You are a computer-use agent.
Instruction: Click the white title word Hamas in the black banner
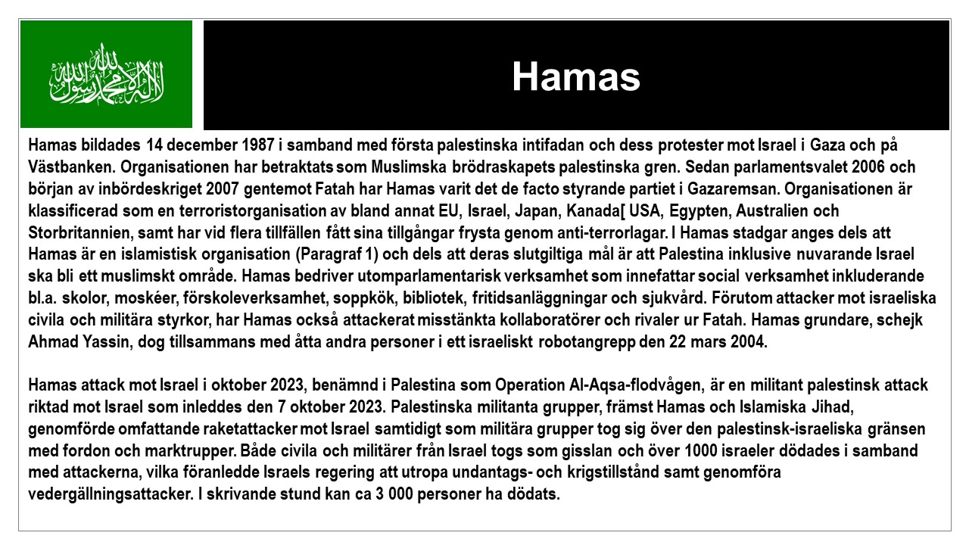tap(575, 76)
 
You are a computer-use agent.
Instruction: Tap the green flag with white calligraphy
tap(107, 74)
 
